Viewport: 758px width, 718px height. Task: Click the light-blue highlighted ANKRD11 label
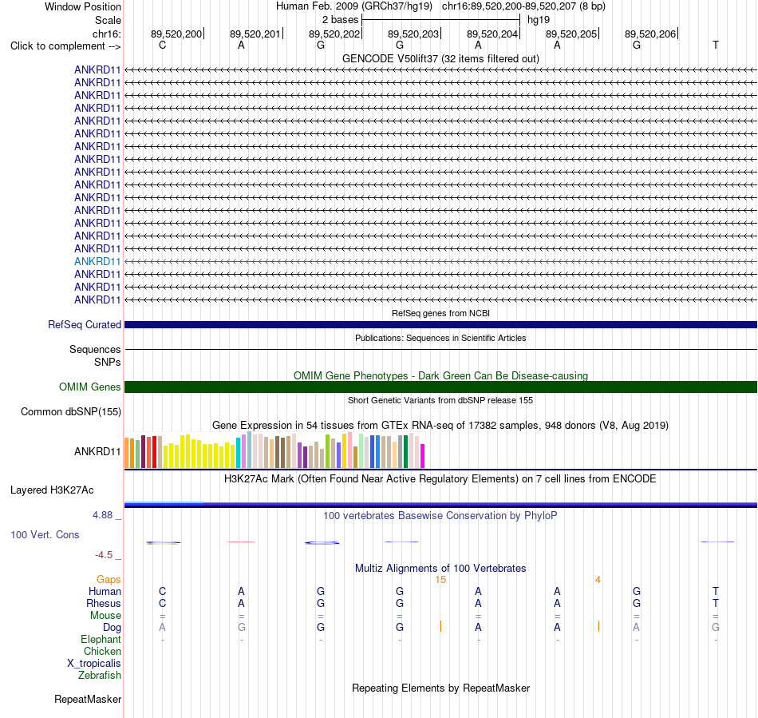[97, 262]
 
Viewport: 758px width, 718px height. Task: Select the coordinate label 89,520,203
[413, 34]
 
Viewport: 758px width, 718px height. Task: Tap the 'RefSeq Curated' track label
[84, 324]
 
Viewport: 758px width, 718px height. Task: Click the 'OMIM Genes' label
[89, 387]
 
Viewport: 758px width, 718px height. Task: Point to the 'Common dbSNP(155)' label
[70, 412]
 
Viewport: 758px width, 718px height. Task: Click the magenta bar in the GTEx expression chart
[423, 456]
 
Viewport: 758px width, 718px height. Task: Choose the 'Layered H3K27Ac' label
[52, 490]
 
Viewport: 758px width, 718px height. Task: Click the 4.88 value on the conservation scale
[102, 515]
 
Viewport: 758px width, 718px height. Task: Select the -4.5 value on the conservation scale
[104, 555]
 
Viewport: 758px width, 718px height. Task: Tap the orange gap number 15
[440, 580]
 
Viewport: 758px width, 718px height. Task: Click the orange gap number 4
[598, 580]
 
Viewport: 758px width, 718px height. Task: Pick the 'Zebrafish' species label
[100, 676]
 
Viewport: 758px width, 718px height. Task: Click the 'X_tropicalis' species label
[94, 664]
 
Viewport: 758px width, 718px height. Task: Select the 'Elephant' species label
[101, 640]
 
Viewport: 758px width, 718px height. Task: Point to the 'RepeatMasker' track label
[88, 699]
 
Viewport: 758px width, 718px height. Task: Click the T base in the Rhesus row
[716, 603]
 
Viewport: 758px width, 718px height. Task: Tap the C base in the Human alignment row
[163, 591]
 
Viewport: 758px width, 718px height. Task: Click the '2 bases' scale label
[341, 20]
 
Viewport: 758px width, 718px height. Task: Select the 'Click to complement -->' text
[65, 46]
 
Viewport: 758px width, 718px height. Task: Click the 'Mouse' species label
[105, 616]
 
